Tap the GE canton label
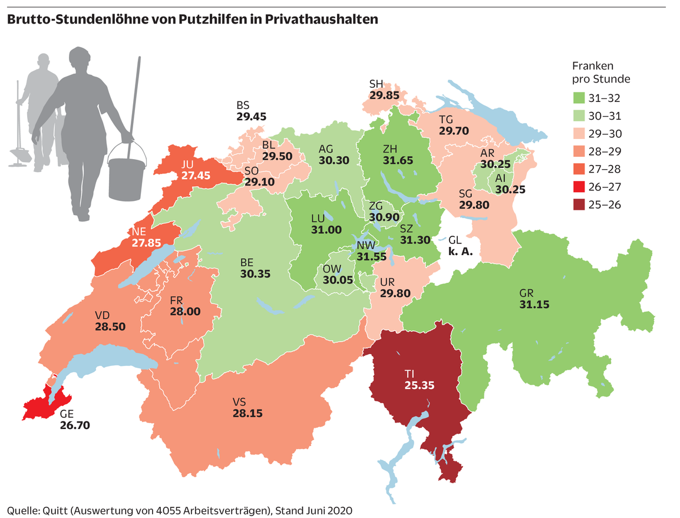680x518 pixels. click(68, 413)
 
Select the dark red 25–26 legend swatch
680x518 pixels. click(580, 204)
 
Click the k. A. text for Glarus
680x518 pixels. click(461, 251)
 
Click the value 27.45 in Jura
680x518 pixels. click(194, 175)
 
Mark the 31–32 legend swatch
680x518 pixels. click(580, 98)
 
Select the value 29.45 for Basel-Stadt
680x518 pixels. click(251, 117)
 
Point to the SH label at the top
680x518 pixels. click(376, 83)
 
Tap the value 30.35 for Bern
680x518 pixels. click(255, 273)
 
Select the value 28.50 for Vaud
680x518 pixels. click(110, 326)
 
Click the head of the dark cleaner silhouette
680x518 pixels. click(81, 59)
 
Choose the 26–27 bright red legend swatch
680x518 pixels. click(580, 187)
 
